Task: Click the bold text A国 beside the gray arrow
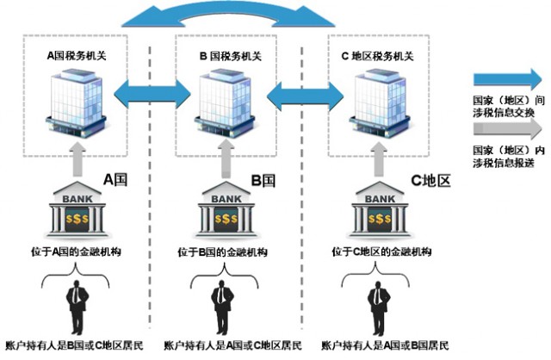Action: click(117, 180)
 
